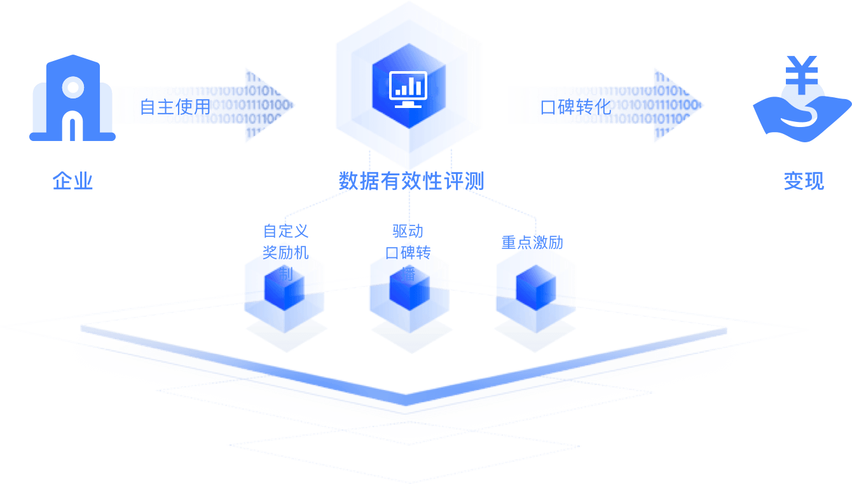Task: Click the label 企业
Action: pyautogui.click(x=73, y=182)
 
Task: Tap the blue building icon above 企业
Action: pyautogui.click(x=72, y=98)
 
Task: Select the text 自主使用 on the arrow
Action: pyautogui.click(x=175, y=106)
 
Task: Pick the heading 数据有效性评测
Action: pyautogui.click(x=411, y=182)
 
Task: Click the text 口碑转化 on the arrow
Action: pyautogui.click(x=575, y=106)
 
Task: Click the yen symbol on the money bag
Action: pyautogui.click(x=802, y=73)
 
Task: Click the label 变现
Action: pyautogui.click(x=804, y=182)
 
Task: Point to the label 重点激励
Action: pyautogui.click(x=532, y=243)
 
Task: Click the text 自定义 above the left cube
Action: pyautogui.click(x=286, y=231)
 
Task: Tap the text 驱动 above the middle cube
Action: pyautogui.click(x=408, y=231)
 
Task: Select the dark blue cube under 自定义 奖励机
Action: pyautogui.click(x=284, y=292)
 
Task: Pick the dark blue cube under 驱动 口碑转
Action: pyautogui.click(x=409, y=292)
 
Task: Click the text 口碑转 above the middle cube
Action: pyautogui.click(x=408, y=253)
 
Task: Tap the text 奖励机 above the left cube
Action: pyautogui.click(x=286, y=253)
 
